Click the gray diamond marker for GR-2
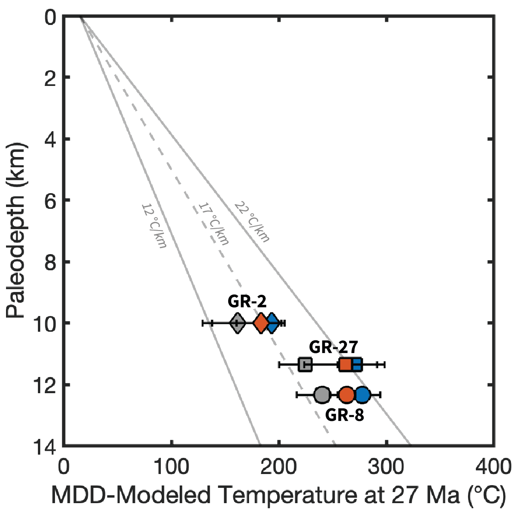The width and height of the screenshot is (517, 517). [x=237, y=323]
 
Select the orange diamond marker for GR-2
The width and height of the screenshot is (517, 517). [x=261, y=323]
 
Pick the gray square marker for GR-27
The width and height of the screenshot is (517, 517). [x=305, y=365]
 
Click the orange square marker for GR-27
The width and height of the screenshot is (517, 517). [x=346, y=365]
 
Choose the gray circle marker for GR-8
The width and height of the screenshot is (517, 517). [x=322, y=395]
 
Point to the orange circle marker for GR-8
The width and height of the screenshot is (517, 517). [x=347, y=395]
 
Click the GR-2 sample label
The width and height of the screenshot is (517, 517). [x=247, y=302]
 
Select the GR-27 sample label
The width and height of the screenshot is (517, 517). [x=334, y=347]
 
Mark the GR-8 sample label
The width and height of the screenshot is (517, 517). [x=345, y=415]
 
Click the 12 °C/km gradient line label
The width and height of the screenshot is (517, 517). [x=153, y=225]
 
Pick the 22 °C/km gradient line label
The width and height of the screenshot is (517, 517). [x=252, y=221]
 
